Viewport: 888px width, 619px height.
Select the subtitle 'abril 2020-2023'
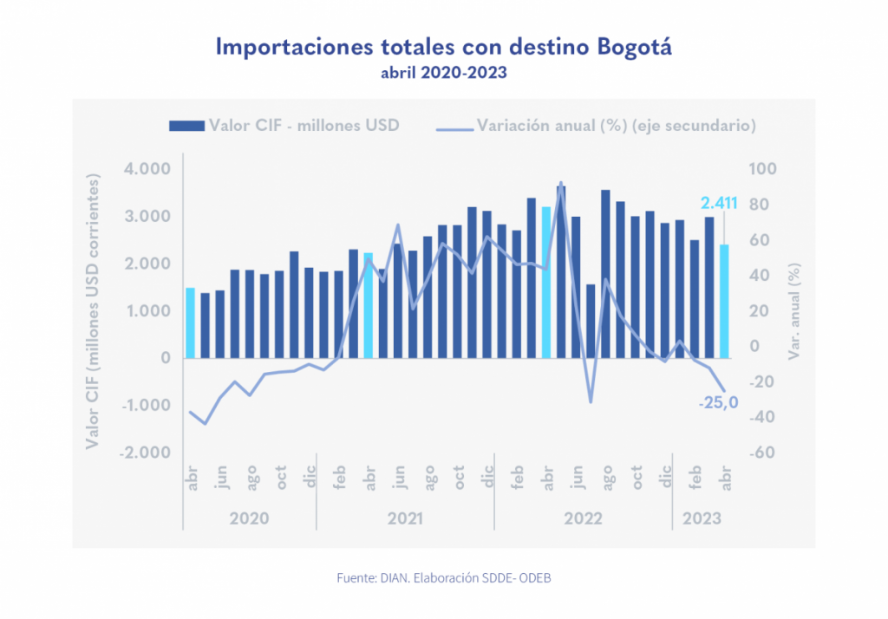(443, 74)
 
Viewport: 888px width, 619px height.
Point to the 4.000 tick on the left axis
(147, 169)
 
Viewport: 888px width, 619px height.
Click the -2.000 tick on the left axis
(146, 453)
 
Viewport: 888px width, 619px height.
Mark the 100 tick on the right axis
(764, 169)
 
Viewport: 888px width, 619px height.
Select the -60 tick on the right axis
(762, 453)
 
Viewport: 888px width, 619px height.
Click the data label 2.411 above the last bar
(719, 204)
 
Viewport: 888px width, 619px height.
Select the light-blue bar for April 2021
(368, 305)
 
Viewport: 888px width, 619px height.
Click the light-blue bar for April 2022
(546, 282)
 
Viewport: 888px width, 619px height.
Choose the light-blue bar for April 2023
(724, 301)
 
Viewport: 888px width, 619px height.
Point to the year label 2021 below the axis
(405, 518)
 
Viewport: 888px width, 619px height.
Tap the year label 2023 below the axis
(702, 518)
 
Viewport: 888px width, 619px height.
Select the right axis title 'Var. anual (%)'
(792, 310)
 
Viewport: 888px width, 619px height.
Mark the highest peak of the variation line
(560, 183)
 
